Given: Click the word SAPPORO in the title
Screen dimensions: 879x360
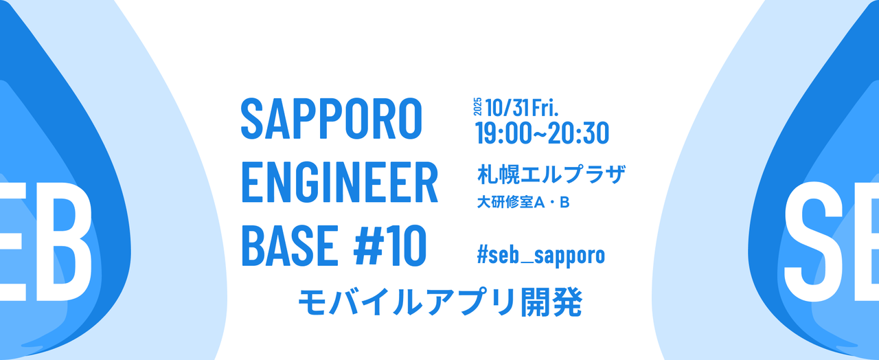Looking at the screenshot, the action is click(331, 119).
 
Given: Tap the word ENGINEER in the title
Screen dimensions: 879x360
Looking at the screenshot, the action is click(339, 183).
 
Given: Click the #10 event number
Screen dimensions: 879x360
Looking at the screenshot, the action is click(389, 245).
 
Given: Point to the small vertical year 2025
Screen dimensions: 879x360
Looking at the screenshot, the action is click(477, 106).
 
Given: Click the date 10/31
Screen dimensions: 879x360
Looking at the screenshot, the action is click(507, 108).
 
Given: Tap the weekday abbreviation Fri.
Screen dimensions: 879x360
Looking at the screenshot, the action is click(545, 108).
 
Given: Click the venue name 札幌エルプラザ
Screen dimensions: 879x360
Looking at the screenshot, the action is click(551, 175).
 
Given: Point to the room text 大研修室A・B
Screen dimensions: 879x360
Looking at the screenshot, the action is click(523, 202).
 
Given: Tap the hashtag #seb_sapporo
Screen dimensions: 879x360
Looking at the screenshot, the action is click(540, 255).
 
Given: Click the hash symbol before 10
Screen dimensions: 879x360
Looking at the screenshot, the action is click(368, 245).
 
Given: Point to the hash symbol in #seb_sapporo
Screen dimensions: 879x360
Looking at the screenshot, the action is click(482, 254).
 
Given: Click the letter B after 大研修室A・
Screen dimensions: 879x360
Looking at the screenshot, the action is click(564, 203).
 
